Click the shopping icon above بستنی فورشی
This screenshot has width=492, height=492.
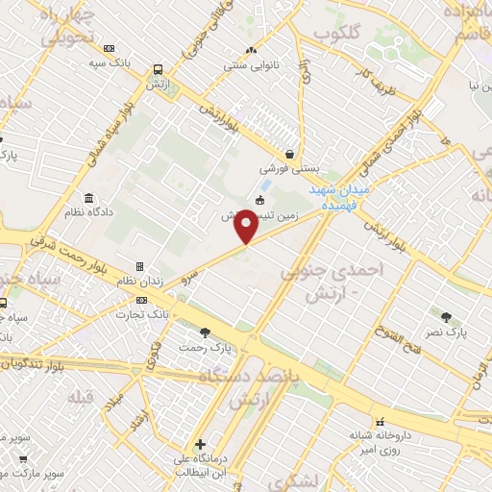pyautogui.click(x=289, y=153)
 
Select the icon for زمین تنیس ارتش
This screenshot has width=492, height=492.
pyautogui.click(x=259, y=201)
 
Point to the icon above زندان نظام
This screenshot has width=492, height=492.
pyautogui.click(x=139, y=266)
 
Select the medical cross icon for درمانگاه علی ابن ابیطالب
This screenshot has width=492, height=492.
pyautogui.click(x=200, y=444)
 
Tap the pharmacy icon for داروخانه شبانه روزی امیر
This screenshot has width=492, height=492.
pyautogui.click(x=381, y=421)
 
